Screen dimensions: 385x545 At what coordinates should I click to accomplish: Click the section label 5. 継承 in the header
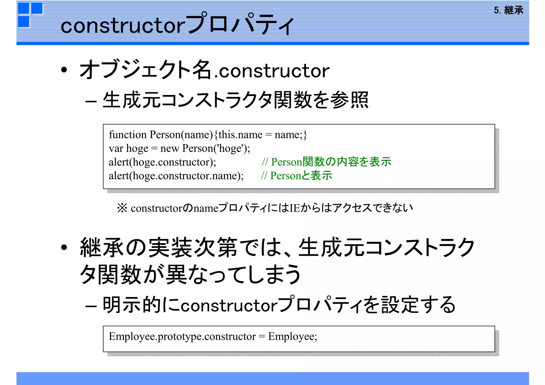point(508,10)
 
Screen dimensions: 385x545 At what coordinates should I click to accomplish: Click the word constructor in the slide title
point(123,26)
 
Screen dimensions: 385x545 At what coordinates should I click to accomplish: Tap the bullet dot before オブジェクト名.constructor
point(64,70)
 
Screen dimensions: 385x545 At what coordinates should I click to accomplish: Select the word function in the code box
point(128,135)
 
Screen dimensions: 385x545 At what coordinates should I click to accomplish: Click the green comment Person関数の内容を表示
point(331,162)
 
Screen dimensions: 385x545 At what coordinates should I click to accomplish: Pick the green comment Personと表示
point(301,176)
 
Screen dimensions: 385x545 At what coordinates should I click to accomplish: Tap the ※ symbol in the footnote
point(122,208)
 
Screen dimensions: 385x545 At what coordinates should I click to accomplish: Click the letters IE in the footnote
point(295,208)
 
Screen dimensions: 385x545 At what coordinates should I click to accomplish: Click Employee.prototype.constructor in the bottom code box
point(182,336)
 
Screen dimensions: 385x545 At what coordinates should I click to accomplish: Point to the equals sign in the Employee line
point(262,337)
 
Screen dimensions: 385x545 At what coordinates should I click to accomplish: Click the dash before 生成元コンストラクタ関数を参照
point(91,101)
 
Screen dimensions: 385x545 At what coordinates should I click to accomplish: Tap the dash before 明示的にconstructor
point(91,306)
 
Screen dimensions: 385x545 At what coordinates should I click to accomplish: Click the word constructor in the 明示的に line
point(229,305)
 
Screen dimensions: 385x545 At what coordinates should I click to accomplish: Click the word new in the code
point(170,148)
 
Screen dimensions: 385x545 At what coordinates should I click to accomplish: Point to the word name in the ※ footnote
point(206,208)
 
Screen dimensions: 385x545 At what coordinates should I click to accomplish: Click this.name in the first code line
point(240,135)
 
